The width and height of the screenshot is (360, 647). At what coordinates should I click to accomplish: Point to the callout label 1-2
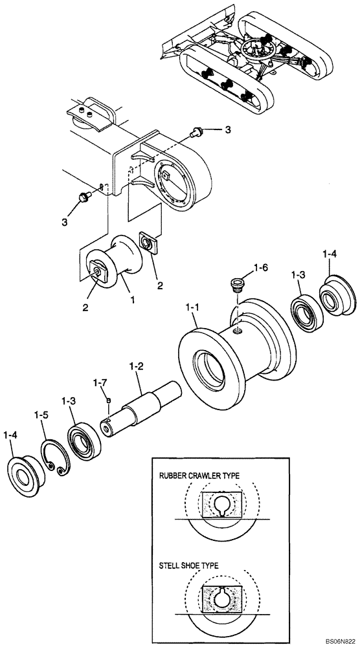pos(137,367)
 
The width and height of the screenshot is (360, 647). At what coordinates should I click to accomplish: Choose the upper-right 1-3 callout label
pos(298,276)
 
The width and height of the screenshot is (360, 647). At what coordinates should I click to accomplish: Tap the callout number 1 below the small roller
pos(133,301)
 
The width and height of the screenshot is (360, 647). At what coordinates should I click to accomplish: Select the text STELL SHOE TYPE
pos(189,565)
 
